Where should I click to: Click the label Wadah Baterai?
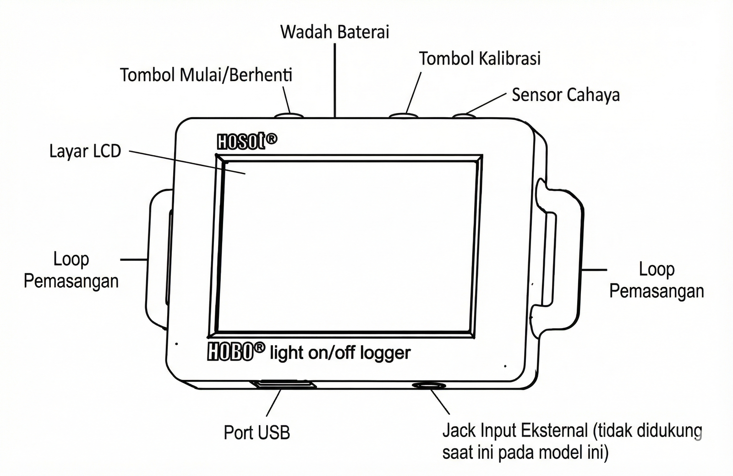pyautogui.click(x=334, y=32)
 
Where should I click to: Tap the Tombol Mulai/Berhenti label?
pyautogui.click(x=206, y=75)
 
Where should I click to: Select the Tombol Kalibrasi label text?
pyautogui.click(x=480, y=59)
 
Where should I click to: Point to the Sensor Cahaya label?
pyautogui.click(x=565, y=95)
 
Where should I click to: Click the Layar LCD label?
pyautogui.click(x=85, y=151)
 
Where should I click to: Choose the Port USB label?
pyautogui.click(x=257, y=433)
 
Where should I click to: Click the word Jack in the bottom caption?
pyautogui.click(x=459, y=431)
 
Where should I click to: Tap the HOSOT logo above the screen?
pyautogui.click(x=246, y=141)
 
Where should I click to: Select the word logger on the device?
pyautogui.click(x=385, y=353)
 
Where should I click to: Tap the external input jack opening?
pyautogui.click(x=428, y=386)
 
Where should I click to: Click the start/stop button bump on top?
pyautogui.click(x=290, y=115)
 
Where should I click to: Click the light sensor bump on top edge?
pyautogui.click(x=464, y=116)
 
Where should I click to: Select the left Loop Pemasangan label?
pyautogui.click(x=71, y=270)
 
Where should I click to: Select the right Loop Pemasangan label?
pyautogui.click(x=656, y=280)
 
